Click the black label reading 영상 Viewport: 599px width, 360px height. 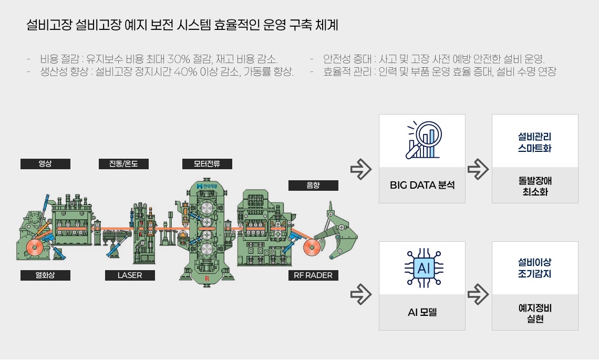(x=45, y=163)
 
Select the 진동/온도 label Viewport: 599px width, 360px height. (x=123, y=163)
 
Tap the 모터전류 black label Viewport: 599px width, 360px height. (x=207, y=163)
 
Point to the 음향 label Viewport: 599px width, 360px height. (x=313, y=186)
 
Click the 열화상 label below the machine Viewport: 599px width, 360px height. (x=45, y=275)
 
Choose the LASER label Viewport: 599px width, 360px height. (x=130, y=275)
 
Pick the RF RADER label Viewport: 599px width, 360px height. (x=313, y=275)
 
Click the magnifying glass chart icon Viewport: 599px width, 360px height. (x=424, y=140)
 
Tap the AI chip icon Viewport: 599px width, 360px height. (x=423, y=268)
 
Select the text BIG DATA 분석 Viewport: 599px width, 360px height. (x=422, y=185)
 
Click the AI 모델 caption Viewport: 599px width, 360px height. (x=422, y=312)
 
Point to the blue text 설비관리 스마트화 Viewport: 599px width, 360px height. (x=535, y=142)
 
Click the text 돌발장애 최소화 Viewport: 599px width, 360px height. (x=535, y=186)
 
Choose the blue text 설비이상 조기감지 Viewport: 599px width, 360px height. (x=535, y=268)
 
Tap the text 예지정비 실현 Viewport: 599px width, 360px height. (x=535, y=313)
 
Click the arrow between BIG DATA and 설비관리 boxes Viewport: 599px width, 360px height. (x=478, y=169)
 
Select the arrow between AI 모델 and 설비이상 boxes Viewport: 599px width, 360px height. (x=478, y=294)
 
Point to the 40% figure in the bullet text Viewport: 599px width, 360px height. (x=185, y=71)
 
